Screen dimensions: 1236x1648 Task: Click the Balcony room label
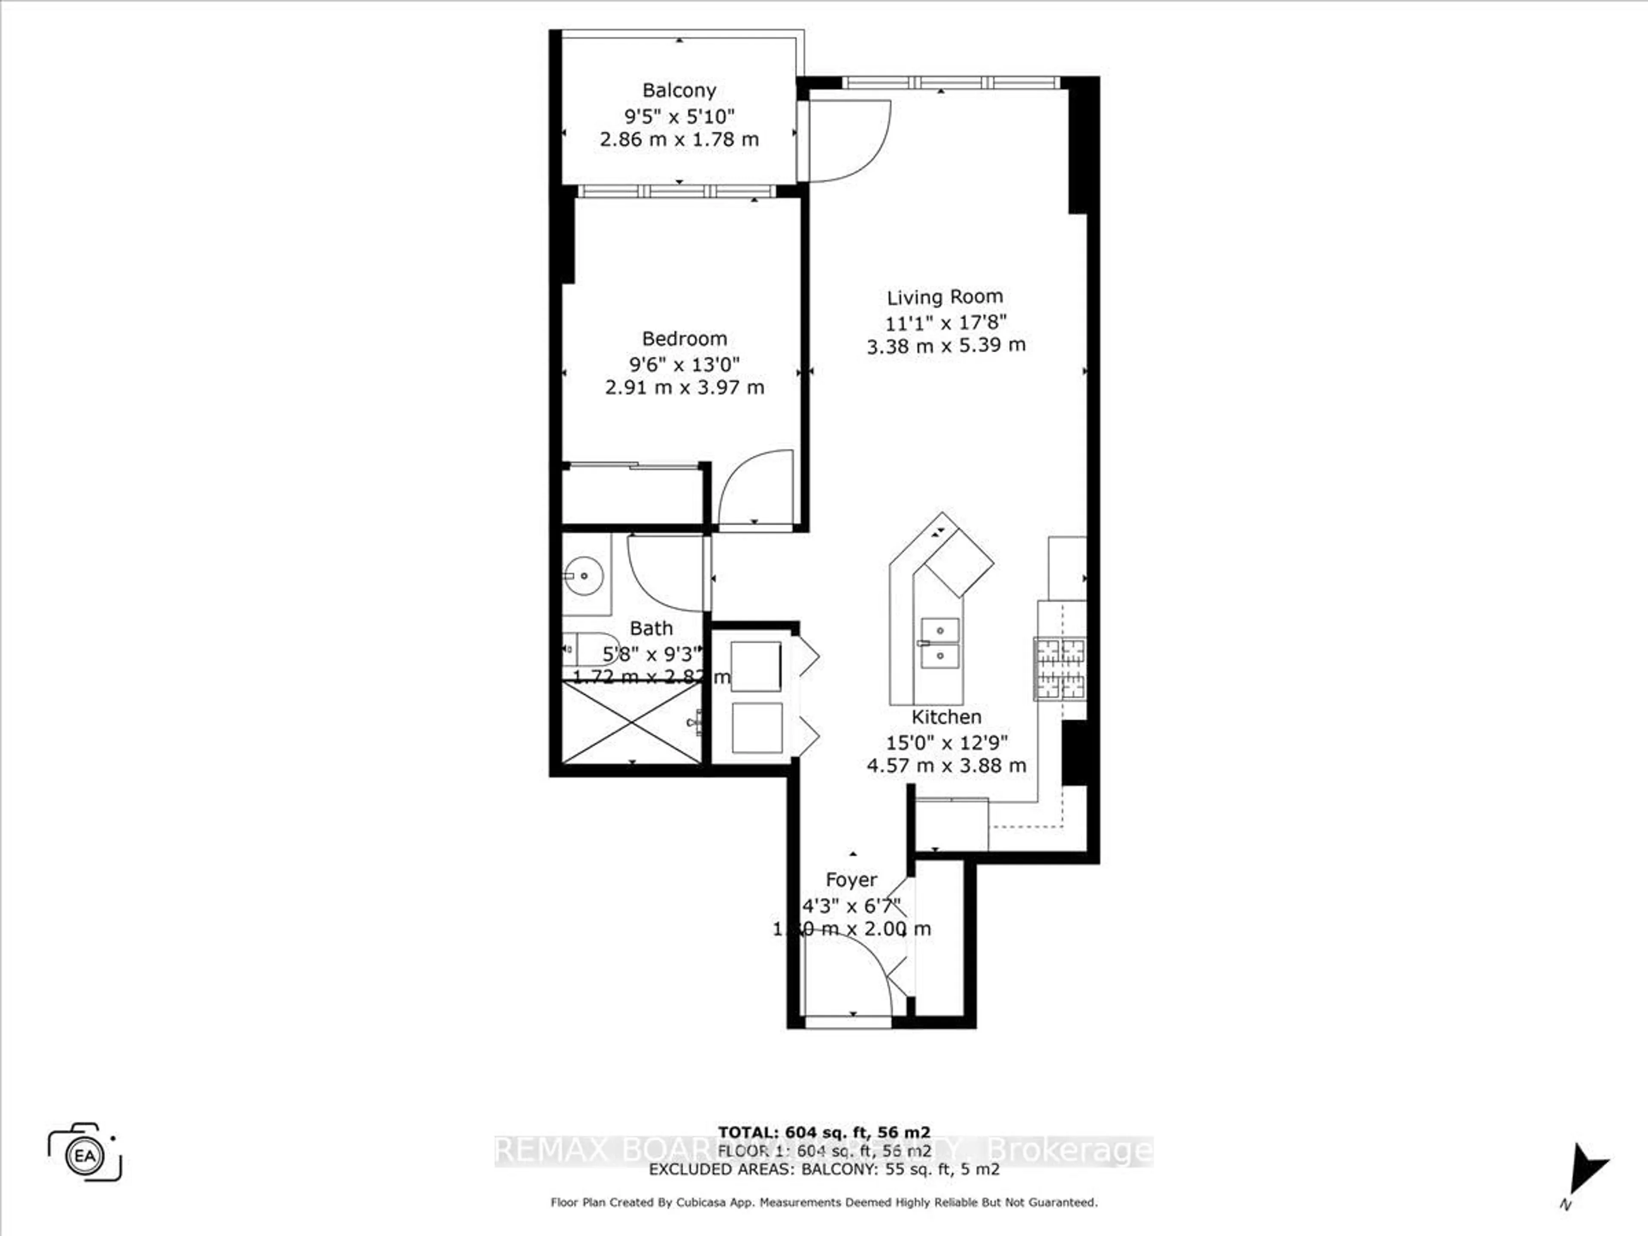(x=679, y=90)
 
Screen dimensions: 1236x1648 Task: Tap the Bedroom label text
(x=684, y=339)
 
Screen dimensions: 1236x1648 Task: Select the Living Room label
(x=945, y=297)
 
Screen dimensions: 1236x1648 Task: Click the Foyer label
(x=851, y=880)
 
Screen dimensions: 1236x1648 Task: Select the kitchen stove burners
(x=1060, y=669)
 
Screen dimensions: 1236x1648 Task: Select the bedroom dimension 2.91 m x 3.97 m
(x=684, y=388)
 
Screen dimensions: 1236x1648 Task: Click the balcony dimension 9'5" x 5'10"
(x=679, y=116)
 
